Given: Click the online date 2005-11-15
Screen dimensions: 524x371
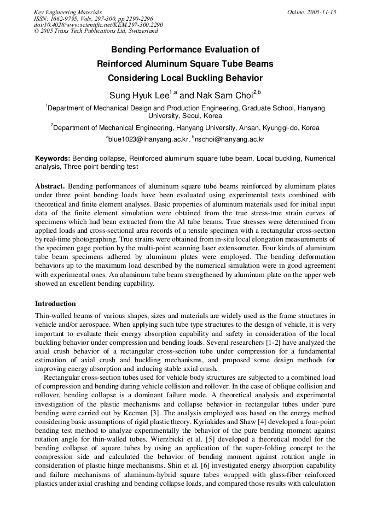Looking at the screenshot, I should [322, 12].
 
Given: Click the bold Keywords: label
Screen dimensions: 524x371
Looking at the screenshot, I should [53, 158].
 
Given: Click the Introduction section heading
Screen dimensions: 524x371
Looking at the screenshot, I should [55, 304].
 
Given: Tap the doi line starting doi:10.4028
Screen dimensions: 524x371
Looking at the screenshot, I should [98, 25].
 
